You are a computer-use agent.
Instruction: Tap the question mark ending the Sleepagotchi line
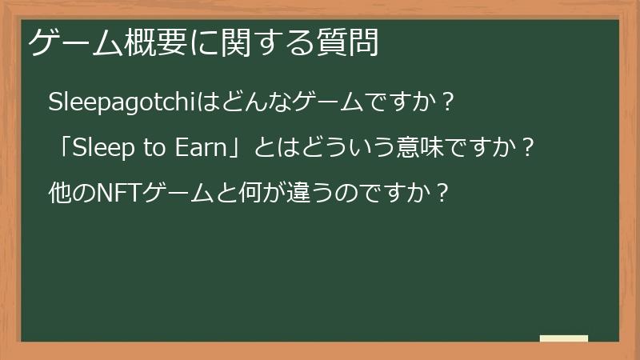pyautogui.click(x=448, y=102)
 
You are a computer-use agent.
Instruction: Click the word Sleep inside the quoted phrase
pyautogui.click(x=102, y=148)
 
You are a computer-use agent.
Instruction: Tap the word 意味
pyautogui.click(x=410, y=148)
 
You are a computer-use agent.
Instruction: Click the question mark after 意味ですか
pyautogui.click(x=526, y=148)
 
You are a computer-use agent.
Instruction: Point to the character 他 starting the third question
pyautogui.click(x=59, y=193)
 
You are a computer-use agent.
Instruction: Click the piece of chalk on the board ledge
pyautogui.click(x=563, y=338)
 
